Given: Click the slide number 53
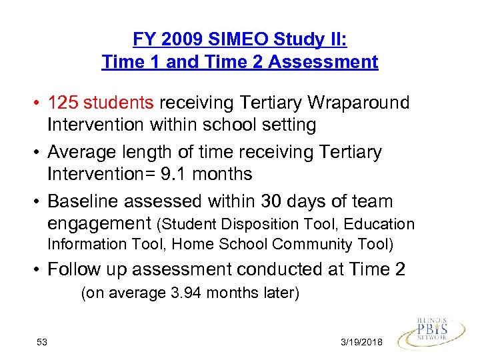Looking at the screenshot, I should point(42,341).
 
